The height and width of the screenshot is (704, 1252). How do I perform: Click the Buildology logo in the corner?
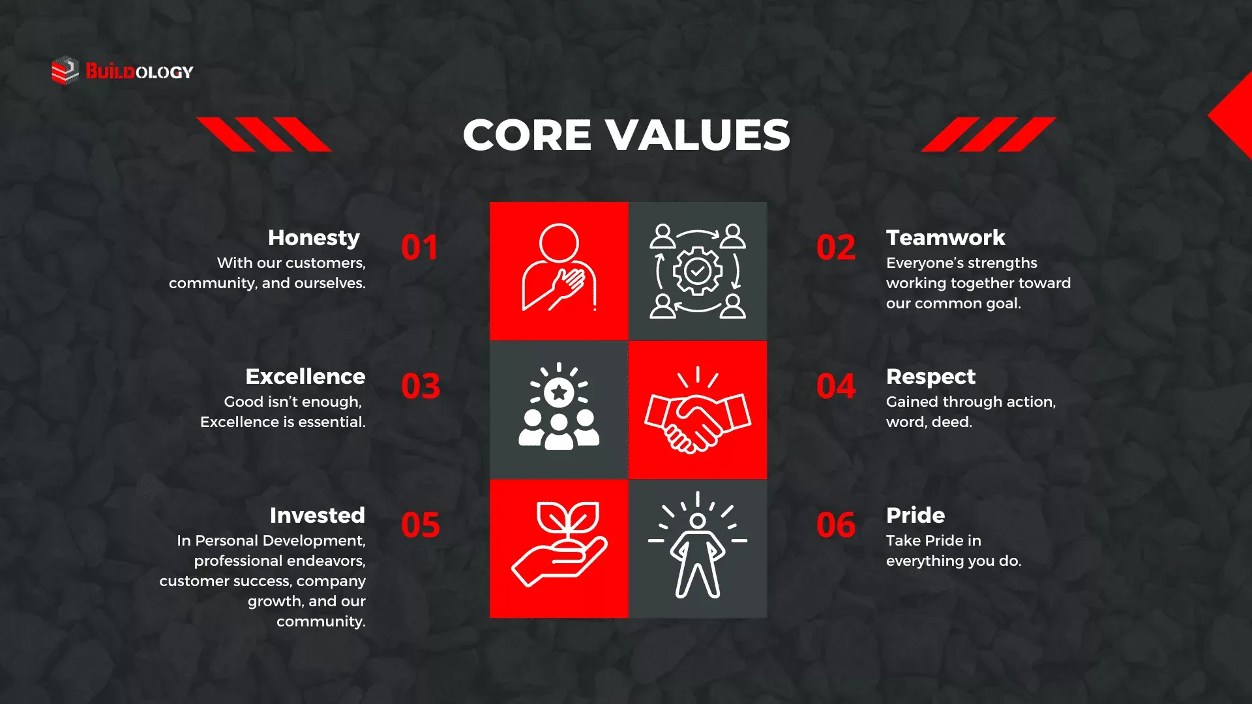coord(123,71)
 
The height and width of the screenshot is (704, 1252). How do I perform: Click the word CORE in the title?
coord(527,135)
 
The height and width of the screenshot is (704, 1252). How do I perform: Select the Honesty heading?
coord(314,239)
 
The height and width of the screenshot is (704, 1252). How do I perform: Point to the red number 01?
coord(419,248)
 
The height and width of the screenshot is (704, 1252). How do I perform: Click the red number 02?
coord(836,248)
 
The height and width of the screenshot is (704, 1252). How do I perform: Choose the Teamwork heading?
coord(946,238)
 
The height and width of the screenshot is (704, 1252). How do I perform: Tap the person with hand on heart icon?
coord(559,267)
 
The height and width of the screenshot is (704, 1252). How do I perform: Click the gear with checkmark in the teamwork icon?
coord(698,271)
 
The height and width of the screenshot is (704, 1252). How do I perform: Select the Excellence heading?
coord(305,377)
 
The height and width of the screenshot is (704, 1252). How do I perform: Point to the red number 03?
coord(421,387)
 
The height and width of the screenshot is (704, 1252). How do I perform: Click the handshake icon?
coord(698,410)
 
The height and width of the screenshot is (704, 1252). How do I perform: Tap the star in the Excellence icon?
coord(559,392)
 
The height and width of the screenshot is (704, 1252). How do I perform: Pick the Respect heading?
coord(931,377)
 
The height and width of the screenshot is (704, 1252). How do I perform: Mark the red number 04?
coord(836,387)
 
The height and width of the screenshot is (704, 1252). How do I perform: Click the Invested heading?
coord(318,516)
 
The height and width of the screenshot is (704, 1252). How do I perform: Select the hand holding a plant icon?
coord(559,544)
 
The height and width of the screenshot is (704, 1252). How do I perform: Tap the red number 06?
coord(836,525)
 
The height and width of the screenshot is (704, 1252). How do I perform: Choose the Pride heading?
coord(916,516)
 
